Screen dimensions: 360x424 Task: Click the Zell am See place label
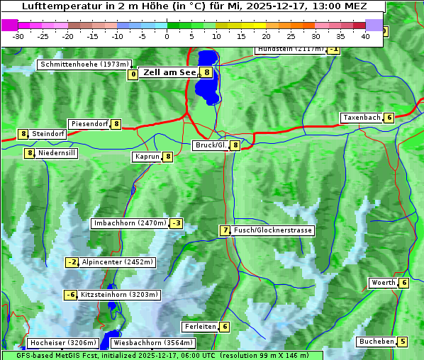tap(169, 72)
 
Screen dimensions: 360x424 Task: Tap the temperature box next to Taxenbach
tap(389, 118)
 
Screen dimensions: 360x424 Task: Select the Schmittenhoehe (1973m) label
tap(85, 64)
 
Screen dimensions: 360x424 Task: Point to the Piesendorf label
tap(89, 124)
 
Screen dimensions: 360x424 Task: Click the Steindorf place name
tap(48, 134)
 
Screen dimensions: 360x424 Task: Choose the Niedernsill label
tap(57, 152)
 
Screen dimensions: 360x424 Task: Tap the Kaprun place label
tap(147, 157)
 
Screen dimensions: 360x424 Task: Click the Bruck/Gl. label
tap(211, 145)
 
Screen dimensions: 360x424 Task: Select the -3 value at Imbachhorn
tap(177, 223)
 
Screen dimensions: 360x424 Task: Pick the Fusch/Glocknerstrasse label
tap(273, 230)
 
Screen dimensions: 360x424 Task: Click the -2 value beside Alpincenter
tap(72, 262)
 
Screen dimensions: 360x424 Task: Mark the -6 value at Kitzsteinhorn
tap(70, 295)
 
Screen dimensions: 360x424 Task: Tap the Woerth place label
tap(383, 283)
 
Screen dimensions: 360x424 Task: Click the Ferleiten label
tap(199, 327)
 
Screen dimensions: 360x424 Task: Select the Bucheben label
tap(376, 342)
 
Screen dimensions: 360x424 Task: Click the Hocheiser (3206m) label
tap(62, 343)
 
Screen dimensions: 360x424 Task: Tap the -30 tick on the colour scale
tap(18, 35)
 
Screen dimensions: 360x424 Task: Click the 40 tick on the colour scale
tap(365, 35)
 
